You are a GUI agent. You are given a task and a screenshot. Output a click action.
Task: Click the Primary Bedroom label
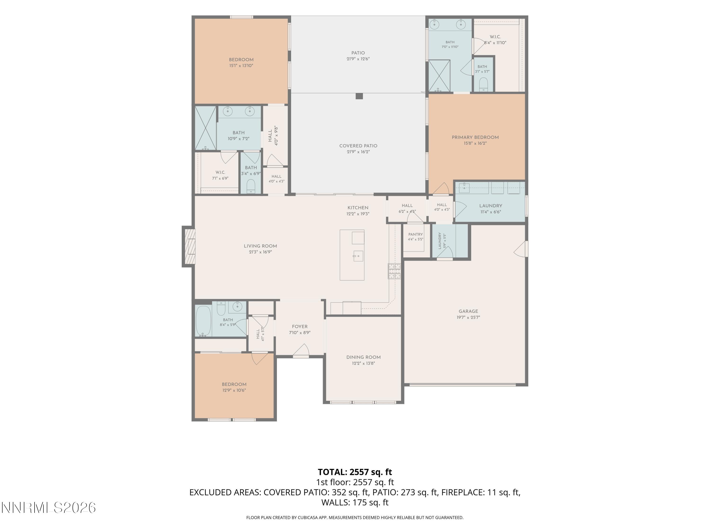(475, 137)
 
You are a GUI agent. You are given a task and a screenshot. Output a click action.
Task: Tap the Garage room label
(468, 311)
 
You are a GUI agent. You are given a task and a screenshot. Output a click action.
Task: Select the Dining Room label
(363, 357)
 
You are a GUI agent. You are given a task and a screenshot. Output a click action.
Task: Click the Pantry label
(416, 234)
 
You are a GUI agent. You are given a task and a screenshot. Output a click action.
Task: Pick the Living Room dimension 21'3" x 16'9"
(260, 252)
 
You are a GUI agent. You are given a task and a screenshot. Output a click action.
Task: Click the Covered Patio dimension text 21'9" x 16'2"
(358, 152)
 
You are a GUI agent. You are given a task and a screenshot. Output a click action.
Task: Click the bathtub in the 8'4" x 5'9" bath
(204, 321)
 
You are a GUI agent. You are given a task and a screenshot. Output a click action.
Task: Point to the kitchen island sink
(358, 256)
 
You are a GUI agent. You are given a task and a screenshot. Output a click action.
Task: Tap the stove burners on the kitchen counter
(394, 271)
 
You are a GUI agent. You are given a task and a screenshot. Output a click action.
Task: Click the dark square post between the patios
(359, 96)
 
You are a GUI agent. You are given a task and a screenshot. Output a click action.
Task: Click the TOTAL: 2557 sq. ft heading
(355, 472)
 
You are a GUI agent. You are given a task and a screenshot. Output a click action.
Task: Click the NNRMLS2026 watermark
(49, 508)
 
